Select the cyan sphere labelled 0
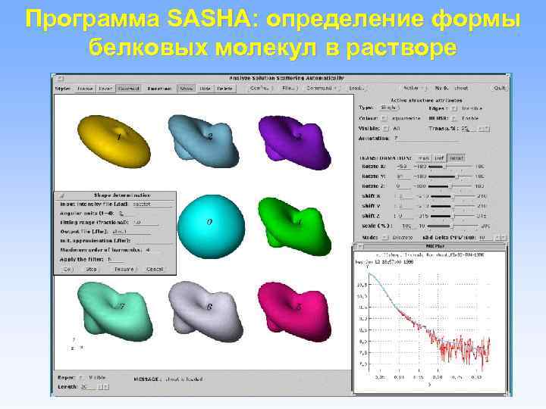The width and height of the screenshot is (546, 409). (209, 223)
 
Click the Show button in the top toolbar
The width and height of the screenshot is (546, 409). (185, 88)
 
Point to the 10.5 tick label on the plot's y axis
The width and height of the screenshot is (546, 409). (361, 285)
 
